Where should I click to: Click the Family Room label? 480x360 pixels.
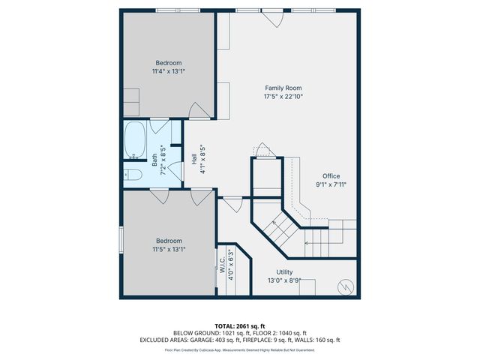click(x=283, y=88)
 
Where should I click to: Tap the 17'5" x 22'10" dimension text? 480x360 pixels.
click(x=283, y=97)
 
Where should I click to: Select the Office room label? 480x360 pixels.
click(x=331, y=176)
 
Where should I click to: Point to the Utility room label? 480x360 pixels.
click(x=284, y=272)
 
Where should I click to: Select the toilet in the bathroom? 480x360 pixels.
click(x=133, y=175)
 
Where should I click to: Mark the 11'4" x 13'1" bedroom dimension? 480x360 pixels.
click(x=169, y=71)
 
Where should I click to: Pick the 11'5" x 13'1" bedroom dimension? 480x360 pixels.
click(x=169, y=249)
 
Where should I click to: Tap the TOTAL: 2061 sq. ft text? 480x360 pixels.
click(x=239, y=325)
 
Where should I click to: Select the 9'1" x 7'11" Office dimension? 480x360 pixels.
click(x=331, y=184)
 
